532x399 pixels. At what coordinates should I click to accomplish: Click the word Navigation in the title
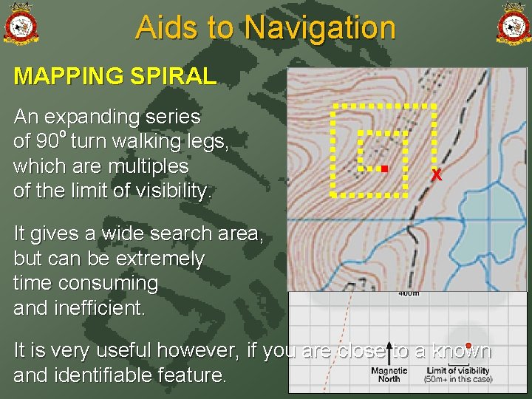[320, 28]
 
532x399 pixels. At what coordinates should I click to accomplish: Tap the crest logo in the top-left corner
[21, 24]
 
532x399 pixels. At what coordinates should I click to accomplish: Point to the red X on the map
[437, 176]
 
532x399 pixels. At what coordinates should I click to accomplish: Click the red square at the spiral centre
[384, 169]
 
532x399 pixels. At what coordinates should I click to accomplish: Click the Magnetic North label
[389, 375]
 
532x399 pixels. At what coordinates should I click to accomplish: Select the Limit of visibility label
[458, 371]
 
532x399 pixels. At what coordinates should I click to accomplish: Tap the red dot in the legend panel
[468, 346]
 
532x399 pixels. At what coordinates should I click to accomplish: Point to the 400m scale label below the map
[409, 293]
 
